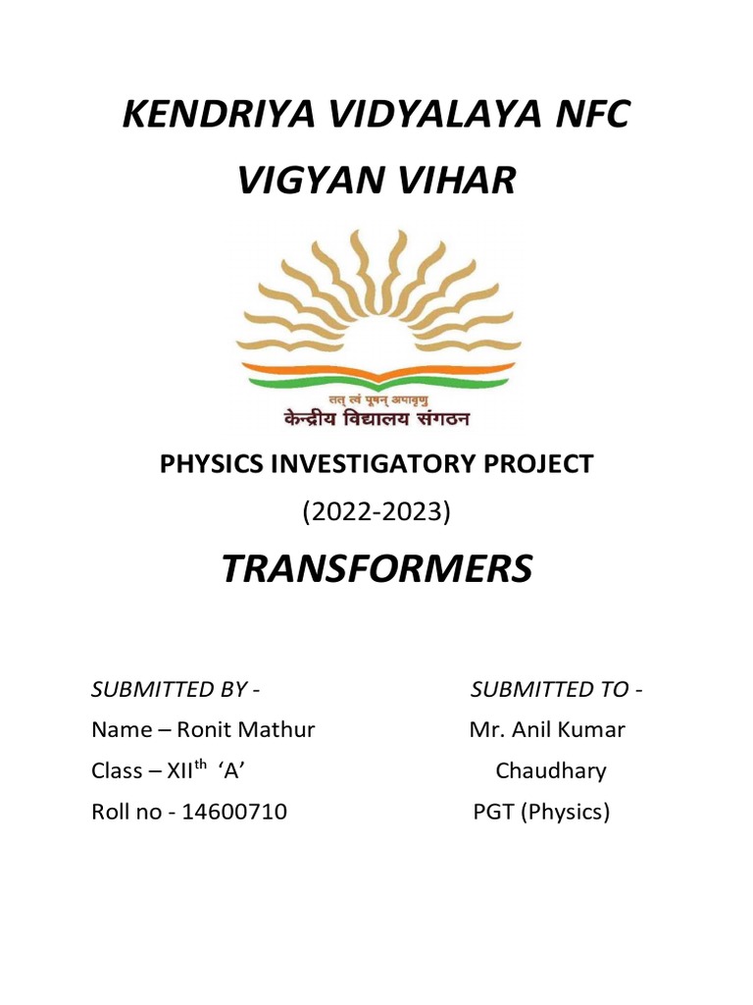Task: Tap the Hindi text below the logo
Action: coord(376,418)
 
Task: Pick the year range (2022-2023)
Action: coord(376,512)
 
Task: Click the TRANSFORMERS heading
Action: coord(376,569)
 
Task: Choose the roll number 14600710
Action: coord(234,812)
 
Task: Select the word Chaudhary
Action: coord(550,771)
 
